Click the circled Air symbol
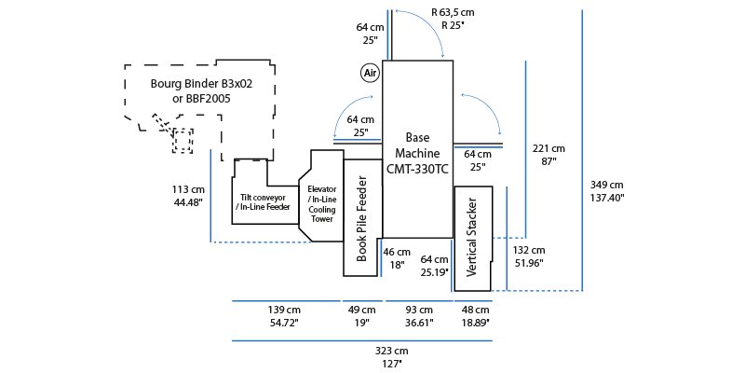pyautogui.click(x=370, y=72)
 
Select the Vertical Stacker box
pyautogui.click(x=472, y=237)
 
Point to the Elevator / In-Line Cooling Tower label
pyautogui.click(x=321, y=204)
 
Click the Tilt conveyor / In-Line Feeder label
pyautogui.click(x=264, y=202)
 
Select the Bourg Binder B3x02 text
pyautogui.click(x=191, y=82)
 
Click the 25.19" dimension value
pyautogui.click(x=435, y=272)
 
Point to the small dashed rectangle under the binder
pyautogui.click(x=183, y=141)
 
